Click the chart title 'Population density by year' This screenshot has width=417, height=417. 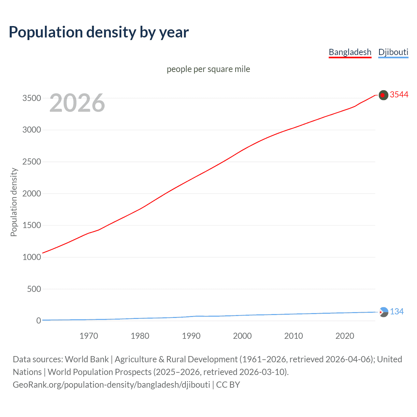click(x=99, y=32)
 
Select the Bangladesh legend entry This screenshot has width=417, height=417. click(x=350, y=52)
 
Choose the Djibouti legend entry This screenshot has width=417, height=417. click(x=393, y=52)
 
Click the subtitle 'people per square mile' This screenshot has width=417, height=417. click(x=208, y=69)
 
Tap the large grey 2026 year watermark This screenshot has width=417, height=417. click(x=77, y=103)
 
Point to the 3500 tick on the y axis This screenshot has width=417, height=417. click(x=32, y=98)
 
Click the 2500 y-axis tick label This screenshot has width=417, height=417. click(x=32, y=162)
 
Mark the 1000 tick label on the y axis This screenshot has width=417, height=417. click(x=32, y=257)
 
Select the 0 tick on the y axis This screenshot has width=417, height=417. click(x=38, y=321)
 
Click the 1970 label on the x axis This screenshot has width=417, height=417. click(x=89, y=336)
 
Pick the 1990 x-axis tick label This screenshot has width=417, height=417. click(x=191, y=336)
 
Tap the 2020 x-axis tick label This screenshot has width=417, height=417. click(x=345, y=336)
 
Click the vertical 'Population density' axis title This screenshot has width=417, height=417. click(x=14, y=202)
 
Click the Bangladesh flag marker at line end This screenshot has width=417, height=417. click(x=383, y=95)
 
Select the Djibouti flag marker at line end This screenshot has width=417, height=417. click(x=384, y=312)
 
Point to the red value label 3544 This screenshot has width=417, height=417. click(x=399, y=95)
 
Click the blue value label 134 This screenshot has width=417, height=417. click(x=397, y=312)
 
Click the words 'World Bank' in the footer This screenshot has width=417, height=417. click(x=87, y=359)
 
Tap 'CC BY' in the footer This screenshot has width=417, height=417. click(x=228, y=385)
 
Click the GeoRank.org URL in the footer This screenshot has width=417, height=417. click(x=111, y=385)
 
